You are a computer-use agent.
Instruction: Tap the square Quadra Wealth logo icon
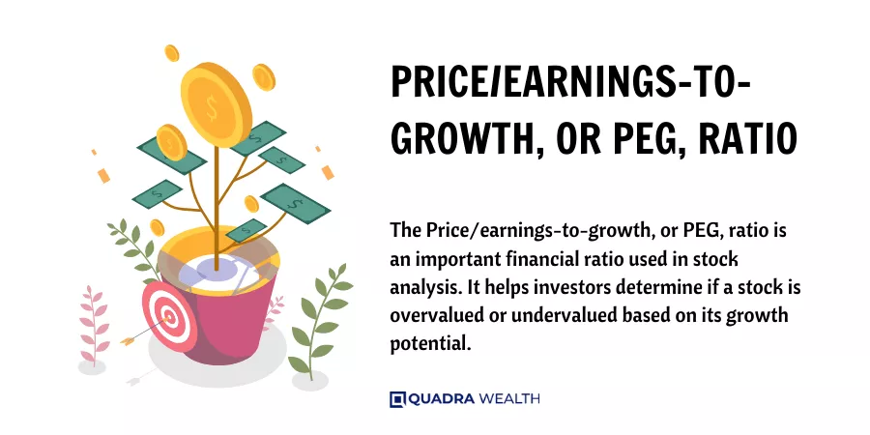point(397,399)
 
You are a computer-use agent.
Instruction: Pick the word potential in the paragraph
point(430,344)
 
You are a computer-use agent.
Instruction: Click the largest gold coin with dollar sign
point(217,103)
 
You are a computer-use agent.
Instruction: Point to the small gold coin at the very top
point(172,53)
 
